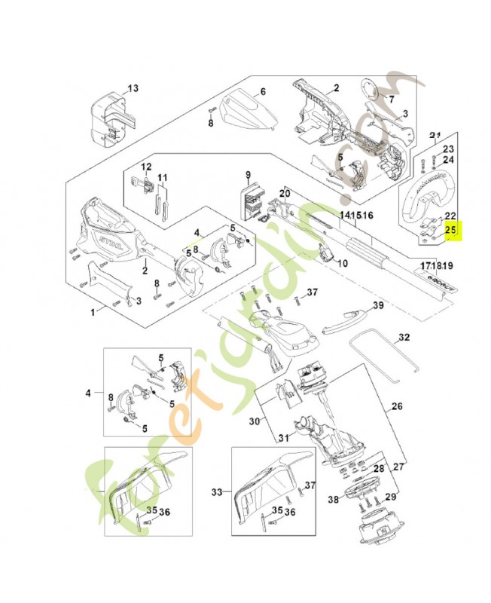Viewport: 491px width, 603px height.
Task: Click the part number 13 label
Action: (133, 89)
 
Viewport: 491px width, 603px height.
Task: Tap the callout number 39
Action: (379, 305)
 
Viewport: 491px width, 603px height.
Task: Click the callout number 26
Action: (398, 406)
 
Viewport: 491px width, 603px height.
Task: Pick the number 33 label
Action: (218, 492)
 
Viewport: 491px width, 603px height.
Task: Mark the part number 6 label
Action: (263, 93)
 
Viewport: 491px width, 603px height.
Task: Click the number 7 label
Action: (391, 99)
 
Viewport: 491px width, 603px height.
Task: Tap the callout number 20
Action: (285, 194)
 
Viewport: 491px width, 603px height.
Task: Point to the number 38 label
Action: (333, 499)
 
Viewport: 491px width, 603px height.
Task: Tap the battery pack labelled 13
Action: (113, 121)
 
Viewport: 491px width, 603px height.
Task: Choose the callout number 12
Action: (146, 167)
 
